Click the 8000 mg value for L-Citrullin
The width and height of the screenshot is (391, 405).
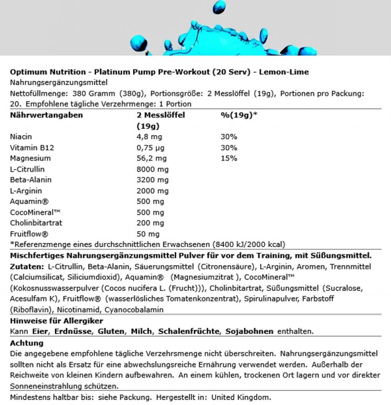click(153, 169)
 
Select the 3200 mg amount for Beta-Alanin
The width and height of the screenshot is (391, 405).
click(153, 180)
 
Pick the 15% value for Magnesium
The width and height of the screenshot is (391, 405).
click(229, 158)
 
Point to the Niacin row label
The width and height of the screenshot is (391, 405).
click(21, 137)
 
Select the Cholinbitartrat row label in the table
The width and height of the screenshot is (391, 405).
click(36, 223)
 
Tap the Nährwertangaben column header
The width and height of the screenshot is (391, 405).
click(46, 115)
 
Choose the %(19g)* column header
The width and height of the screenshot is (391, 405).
click(239, 115)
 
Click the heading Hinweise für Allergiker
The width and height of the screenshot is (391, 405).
click(57, 321)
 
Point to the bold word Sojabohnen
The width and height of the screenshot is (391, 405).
click(249, 331)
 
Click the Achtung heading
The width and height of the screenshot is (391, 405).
click(26, 343)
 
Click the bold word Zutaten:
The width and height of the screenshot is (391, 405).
click(26, 267)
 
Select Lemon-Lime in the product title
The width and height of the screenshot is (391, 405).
click(284, 72)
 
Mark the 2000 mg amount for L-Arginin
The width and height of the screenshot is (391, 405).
click(153, 191)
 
